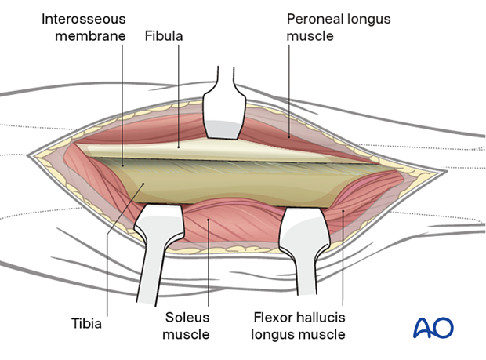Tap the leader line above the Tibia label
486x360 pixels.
110,251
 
